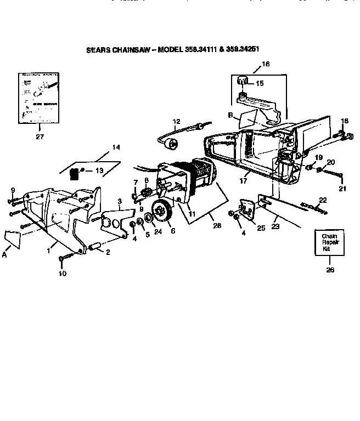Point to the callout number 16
(266, 64)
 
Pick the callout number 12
(176, 121)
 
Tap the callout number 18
(345, 121)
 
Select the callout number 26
(329, 269)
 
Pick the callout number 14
(116, 147)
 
